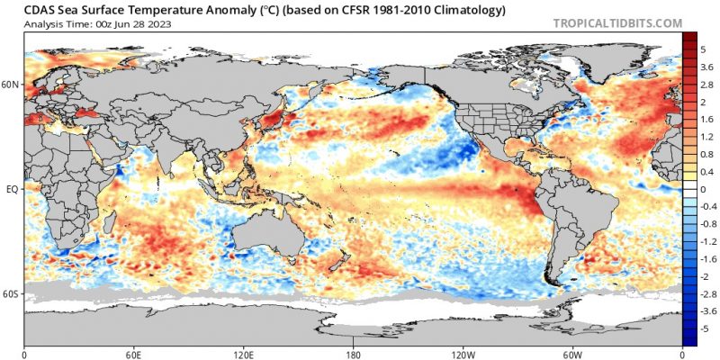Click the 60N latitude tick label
coord(11,85)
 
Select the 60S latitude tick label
coord(11,294)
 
